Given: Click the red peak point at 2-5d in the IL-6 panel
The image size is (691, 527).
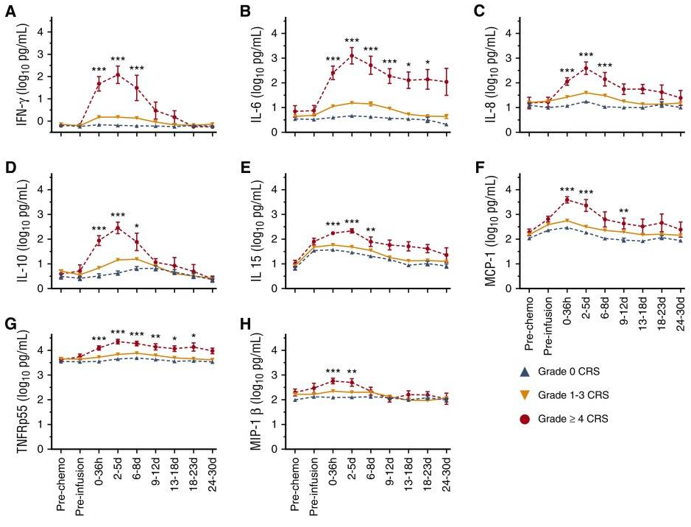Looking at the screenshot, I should click(352, 56).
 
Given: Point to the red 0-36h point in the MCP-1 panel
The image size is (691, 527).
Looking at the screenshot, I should click(567, 199).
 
